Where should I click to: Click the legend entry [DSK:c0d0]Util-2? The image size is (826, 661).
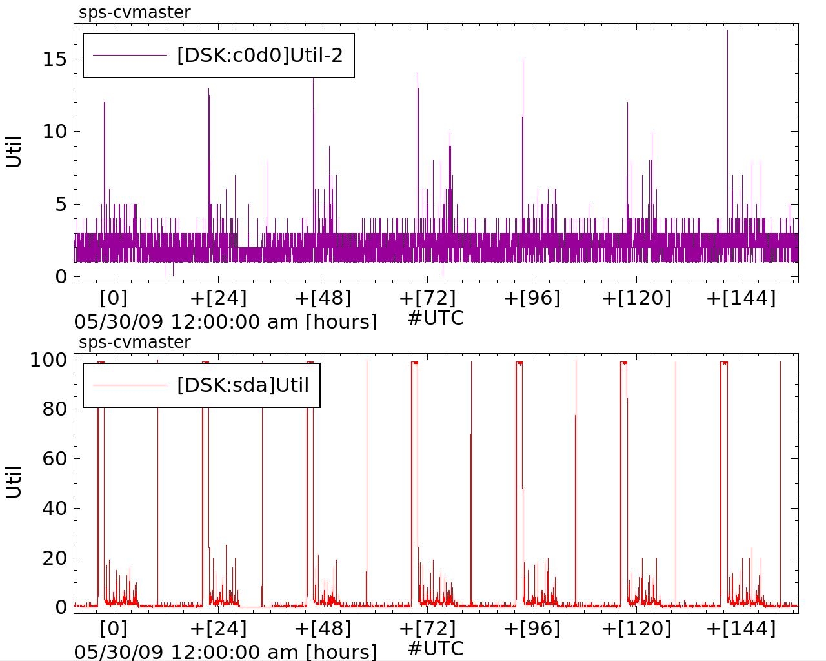259,56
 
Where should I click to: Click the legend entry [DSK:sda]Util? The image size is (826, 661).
243,385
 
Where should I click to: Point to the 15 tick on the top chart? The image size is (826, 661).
54,59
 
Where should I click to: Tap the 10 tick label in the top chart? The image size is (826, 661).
54,132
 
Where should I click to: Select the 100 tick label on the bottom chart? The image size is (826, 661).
48,360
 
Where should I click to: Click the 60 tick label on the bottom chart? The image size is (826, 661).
54,459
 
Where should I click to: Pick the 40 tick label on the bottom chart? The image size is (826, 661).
54,509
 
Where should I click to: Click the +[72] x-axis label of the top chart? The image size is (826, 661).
427,298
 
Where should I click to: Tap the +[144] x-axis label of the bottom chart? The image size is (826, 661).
741,628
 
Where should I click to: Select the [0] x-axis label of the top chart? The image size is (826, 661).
114,298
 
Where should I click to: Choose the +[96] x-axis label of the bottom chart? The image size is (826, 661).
532,628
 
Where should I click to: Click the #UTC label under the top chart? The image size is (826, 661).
436,318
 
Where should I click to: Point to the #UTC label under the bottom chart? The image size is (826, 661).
436,648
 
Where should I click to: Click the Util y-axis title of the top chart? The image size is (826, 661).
14,152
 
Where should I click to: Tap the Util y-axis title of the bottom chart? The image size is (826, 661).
14,482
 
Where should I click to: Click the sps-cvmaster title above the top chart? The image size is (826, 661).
134,12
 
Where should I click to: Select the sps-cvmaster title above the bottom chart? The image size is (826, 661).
134,342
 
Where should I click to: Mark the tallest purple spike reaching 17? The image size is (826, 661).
727,31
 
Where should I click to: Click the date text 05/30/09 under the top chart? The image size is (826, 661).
119,321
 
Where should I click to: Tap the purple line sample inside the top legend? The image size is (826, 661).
130,56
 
